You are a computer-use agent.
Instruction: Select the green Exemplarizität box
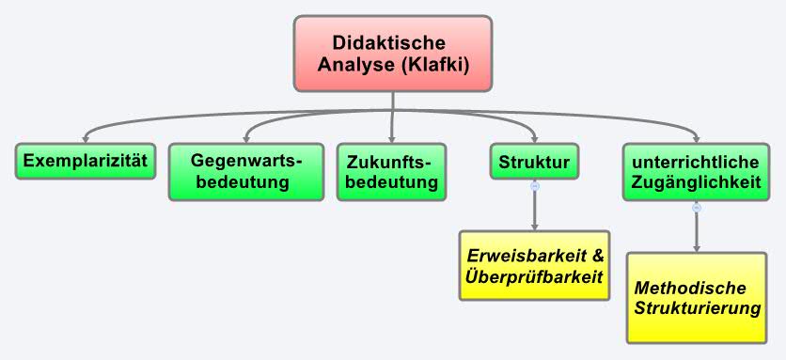[86, 160]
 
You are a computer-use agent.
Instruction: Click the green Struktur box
[534, 161]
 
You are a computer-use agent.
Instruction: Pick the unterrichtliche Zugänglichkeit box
[696, 171]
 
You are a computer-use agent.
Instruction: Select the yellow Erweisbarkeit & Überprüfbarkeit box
[534, 265]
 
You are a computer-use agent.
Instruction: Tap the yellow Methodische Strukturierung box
[696, 297]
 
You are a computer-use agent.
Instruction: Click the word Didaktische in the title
[388, 42]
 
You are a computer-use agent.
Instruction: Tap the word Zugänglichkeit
[696, 182]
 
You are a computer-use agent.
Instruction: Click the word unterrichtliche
[696, 161]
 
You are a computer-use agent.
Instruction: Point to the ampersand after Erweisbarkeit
[594, 255]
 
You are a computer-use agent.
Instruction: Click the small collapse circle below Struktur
[535, 186]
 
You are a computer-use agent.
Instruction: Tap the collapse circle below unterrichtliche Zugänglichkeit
[697, 208]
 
